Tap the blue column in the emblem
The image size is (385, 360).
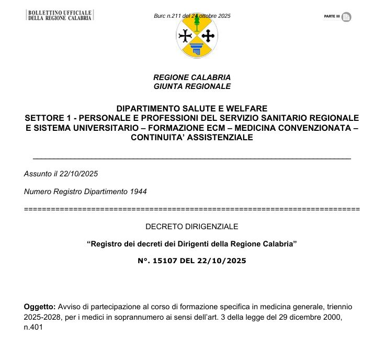[x=196, y=49]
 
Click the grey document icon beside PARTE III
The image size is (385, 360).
[x=346, y=17]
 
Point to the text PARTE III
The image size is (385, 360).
[x=332, y=17]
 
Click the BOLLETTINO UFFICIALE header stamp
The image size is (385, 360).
[x=60, y=15]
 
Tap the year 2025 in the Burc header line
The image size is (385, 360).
[x=223, y=16]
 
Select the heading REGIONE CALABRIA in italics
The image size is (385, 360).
[x=192, y=77]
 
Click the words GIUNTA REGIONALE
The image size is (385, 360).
[x=192, y=86]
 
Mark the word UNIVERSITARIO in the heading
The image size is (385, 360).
[x=104, y=128]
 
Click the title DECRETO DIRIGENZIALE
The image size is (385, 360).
[x=192, y=227]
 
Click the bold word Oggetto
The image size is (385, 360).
[x=39, y=306]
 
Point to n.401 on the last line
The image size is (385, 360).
[x=33, y=328]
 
